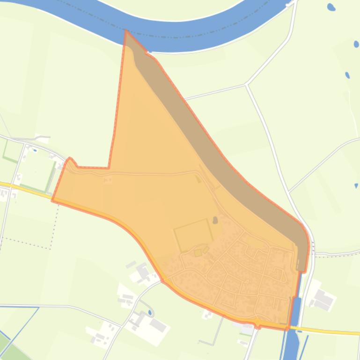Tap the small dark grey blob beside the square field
tap(215, 220)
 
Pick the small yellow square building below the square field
tap(198, 253)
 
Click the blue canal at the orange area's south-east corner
tap(295, 311)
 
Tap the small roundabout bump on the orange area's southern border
tap(257, 323)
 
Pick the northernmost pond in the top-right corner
tap(331, 7)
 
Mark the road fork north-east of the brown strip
tap(246, 84)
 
